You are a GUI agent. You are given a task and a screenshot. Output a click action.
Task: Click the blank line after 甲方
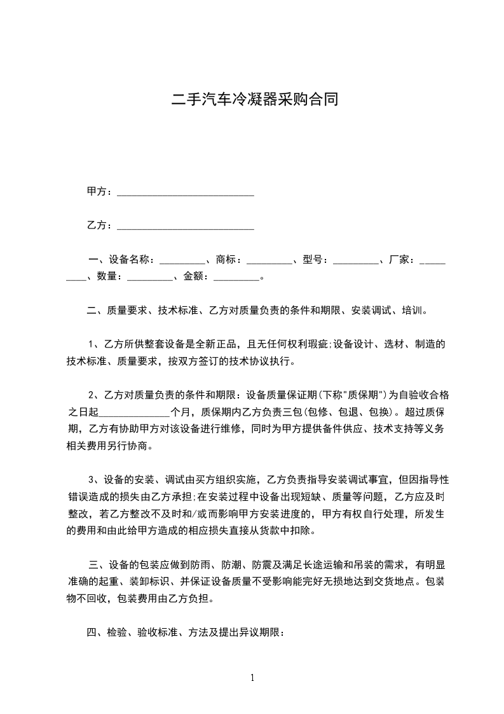point(186,193)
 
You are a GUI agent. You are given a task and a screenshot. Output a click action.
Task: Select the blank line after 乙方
point(186,227)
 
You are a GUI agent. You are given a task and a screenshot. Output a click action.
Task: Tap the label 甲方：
point(100,192)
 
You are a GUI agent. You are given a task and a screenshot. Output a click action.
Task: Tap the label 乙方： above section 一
point(100,225)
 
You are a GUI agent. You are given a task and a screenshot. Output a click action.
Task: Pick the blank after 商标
point(269,262)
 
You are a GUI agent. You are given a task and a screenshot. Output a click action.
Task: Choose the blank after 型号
point(355,262)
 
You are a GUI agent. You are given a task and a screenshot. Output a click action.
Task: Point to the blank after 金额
point(237,279)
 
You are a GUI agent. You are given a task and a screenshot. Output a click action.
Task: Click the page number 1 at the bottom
point(252,677)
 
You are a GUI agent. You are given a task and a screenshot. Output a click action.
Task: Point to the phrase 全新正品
point(218,345)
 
